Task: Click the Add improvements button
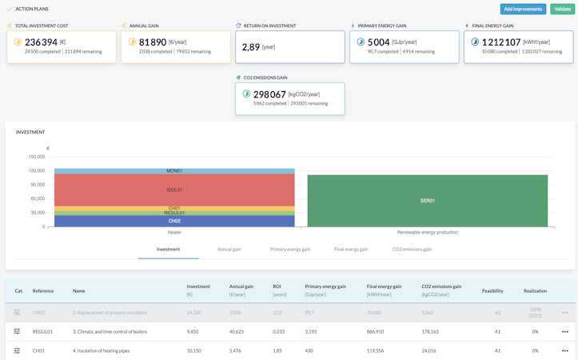(523, 9)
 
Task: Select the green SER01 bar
(427, 201)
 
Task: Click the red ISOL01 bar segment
(174, 190)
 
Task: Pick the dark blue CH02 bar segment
(174, 221)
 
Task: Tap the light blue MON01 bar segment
(174, 171)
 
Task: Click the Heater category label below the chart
(174, 233)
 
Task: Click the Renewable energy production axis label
(428, 233)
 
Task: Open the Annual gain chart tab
(229, 250)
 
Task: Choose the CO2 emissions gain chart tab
(412, 250)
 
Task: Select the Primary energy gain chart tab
(290, 250)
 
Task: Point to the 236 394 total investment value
(41, 42)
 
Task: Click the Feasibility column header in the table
(492, 291)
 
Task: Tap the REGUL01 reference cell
(42, 331)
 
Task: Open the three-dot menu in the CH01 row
(564, 350)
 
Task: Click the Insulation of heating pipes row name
(101, 350)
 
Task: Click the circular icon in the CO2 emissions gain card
(246, 94)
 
